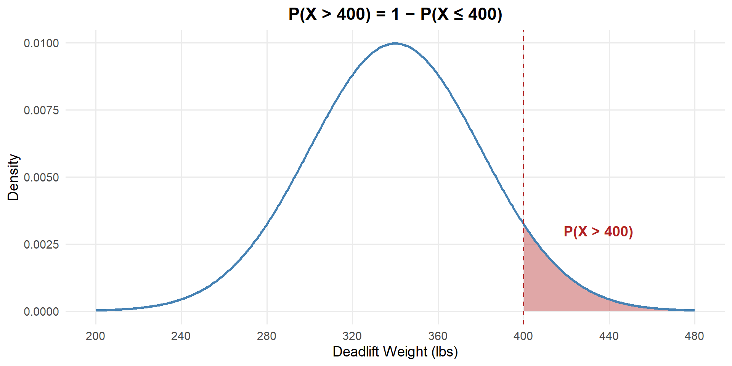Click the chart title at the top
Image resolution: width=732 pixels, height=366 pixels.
tap(395, 14)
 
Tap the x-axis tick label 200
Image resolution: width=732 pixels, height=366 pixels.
tap(95, 336)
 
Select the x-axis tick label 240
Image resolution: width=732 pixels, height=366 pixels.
tap(181, 336)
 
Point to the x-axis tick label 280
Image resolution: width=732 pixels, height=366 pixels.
tap(266, 336)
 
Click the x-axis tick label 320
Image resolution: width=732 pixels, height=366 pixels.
tap(352, 336)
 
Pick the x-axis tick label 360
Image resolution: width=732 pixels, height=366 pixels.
tap(438, 336)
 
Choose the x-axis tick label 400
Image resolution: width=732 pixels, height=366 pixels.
tap(523, 336)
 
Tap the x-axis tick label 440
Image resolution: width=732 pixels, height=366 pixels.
tap(609, 336)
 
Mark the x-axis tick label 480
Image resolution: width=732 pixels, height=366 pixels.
tap(694, 336)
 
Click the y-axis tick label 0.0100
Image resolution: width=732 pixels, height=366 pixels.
tap(41, 43)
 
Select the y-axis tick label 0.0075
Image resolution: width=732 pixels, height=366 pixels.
tap(41, 111)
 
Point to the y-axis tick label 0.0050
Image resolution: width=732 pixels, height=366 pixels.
tap(41, 178)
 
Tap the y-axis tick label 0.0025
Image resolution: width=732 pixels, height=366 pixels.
tap(41, 244)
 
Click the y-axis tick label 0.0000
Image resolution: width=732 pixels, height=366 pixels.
tap(41, 312)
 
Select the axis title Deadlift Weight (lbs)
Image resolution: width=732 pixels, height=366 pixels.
tap(395, 352)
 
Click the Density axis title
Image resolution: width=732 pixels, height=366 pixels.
tap(13, 177)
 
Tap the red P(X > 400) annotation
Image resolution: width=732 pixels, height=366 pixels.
tap(598, 232)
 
